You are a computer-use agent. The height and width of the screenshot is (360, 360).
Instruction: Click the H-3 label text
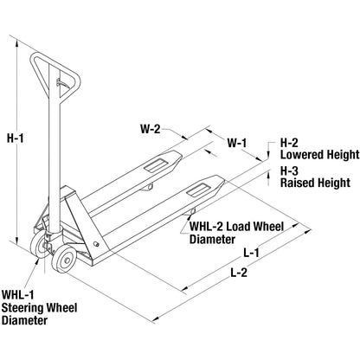pos(291,170)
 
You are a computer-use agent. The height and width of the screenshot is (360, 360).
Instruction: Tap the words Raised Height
pos(314,183)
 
